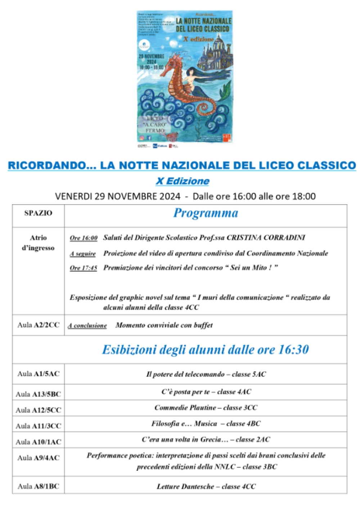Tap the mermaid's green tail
pyautogui.click(x=225, y=90)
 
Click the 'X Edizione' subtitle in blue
pyautogui.click(x=183, y=181)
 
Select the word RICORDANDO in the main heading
pyautogui.click(x=48, y=166)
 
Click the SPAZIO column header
pyautogui.click(x=38, y=213)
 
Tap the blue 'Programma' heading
pyautogui.click(x=206, y=213)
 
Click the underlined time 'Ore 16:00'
pyautogui.click(x=84, y=238)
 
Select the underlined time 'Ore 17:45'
pyautogui.click(x=84, y=268)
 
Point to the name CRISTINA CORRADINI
pyautogui.click(x=266, y=238)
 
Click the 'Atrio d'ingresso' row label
pyautogui.click(x=38, y=243)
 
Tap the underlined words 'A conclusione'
pyautogui.click(x=87, y=325)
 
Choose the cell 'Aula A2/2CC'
pyautogui.click(x=38, y=325)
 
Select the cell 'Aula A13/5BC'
pyautogui.click(x=38, y=394)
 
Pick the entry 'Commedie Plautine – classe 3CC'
pyautogui.click(x=206, y=407)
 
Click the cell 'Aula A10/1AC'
pyautogui.click(x=38, y=442)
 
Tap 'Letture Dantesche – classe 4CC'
pyautogui.click(x=206, y=486)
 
